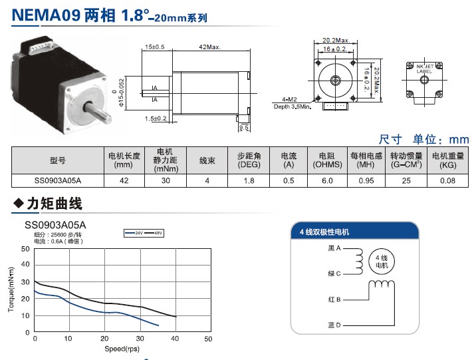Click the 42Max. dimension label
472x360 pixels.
coord(210,47)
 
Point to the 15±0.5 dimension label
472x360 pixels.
coord(155,47)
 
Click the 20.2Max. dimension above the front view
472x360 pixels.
coord(334,40)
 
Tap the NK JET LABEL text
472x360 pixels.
coord(424,69)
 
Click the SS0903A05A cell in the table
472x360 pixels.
coord(58,180)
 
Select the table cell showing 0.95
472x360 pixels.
coord(366,180)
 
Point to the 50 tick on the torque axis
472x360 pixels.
coord(25,249)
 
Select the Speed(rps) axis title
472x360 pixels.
coord(122,349)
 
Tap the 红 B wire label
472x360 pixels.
coord(334,299)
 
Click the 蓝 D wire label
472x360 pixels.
coord(334,325)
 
